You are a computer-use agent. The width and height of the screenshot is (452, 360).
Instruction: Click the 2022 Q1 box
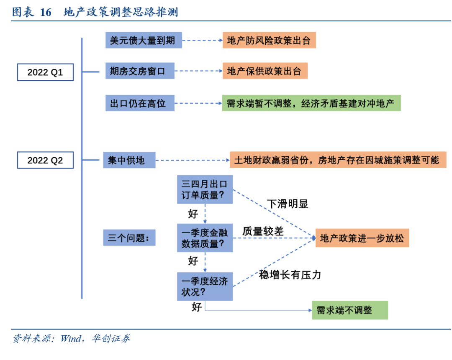45,72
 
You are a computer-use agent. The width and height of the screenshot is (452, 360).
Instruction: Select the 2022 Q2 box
45,160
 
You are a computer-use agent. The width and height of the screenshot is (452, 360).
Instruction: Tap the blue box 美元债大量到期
144,40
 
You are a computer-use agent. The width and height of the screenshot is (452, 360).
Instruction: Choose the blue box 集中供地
129,160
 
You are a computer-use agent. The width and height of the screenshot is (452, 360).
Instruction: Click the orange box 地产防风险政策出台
269,40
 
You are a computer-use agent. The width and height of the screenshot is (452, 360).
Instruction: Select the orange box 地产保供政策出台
265,71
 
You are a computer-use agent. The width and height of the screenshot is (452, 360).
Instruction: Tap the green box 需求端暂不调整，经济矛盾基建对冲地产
311,103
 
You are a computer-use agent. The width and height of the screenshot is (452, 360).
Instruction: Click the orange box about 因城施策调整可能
338,160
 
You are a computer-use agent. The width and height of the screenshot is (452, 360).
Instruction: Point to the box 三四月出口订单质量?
205,189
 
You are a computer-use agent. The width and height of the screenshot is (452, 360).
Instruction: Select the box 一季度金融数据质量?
205,237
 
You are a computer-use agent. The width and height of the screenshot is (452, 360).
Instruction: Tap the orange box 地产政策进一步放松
362,238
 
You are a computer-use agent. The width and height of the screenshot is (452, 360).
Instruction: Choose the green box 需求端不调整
349,310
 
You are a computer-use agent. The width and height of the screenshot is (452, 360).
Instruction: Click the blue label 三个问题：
129,238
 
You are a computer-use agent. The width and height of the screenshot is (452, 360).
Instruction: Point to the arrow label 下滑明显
288,204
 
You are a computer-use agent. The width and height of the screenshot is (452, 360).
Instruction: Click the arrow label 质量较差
263,231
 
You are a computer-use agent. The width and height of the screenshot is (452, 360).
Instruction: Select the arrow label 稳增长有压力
290,275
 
